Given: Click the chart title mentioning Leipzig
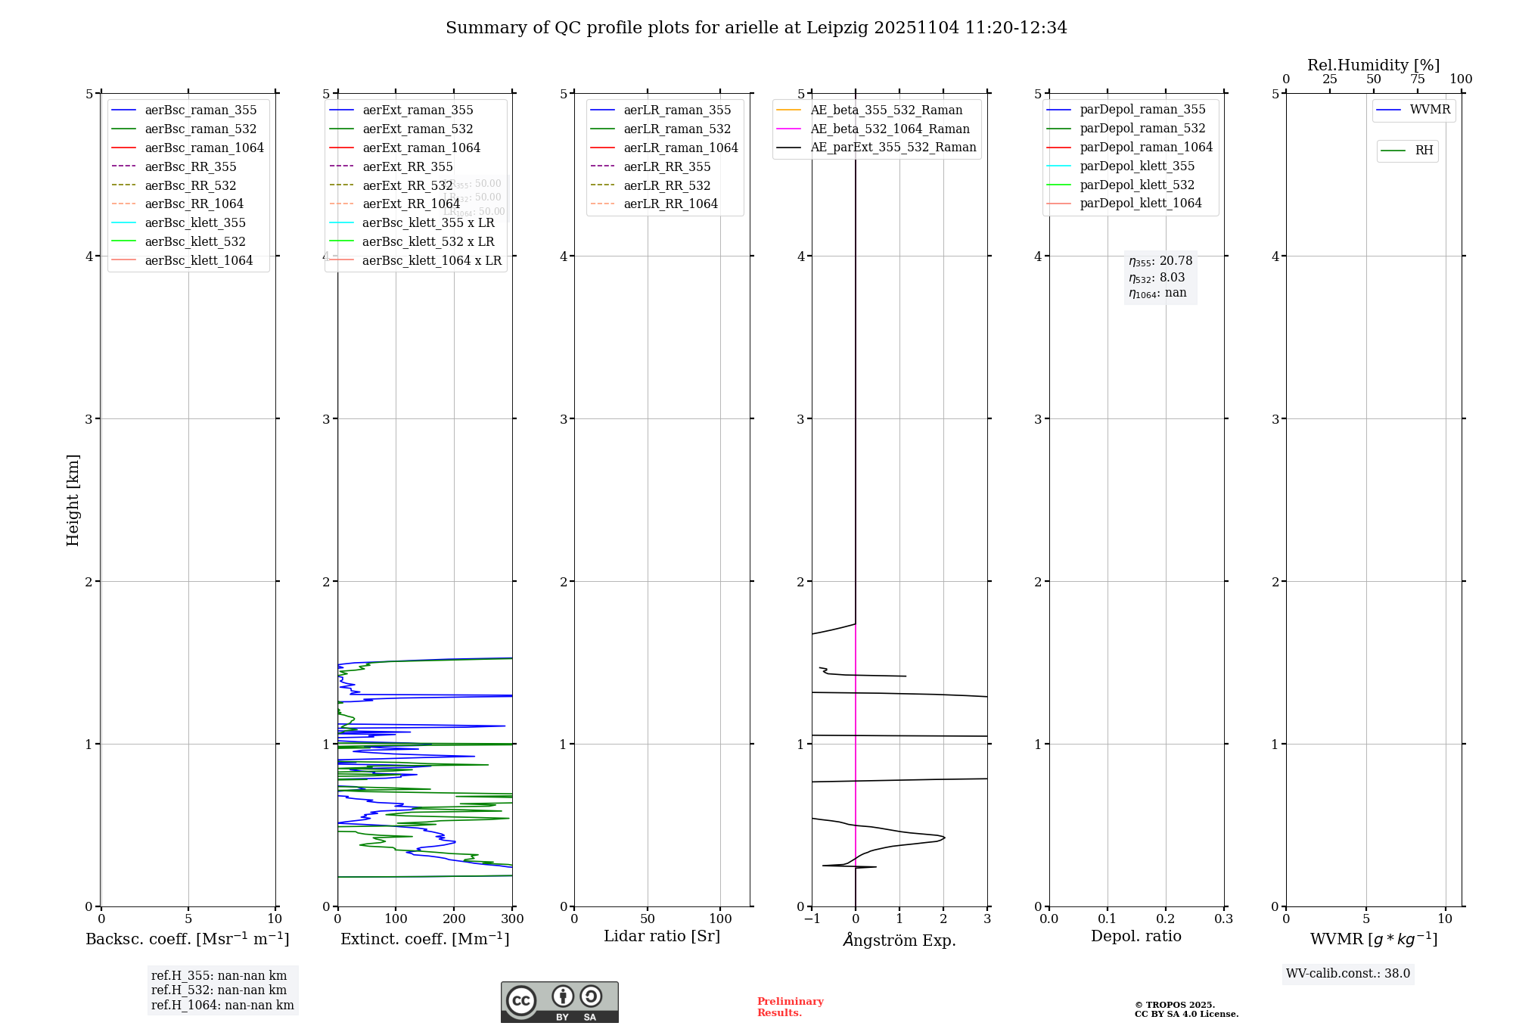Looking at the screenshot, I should tap(756, 28).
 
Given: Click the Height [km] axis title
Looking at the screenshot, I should tap(73, 499).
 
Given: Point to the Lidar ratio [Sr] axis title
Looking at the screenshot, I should tap(662, 936).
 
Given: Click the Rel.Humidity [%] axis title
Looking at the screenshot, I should tap(1373, 65).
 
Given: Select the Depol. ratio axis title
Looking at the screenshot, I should tap(1136, 936).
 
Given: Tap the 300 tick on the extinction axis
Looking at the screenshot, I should tap(512, 919).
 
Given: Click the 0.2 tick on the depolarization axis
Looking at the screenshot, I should tap(1166, 919).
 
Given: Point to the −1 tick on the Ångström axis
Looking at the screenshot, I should tap(812, 919).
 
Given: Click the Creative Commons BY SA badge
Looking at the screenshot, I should tap(559, 1002).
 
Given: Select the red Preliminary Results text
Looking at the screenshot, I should tap(790, 1006).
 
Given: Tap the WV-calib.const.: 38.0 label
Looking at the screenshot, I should tap(1347, 973).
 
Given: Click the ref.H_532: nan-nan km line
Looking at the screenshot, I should tap(219, 990).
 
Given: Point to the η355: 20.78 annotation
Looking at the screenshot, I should tap(1160, 261).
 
